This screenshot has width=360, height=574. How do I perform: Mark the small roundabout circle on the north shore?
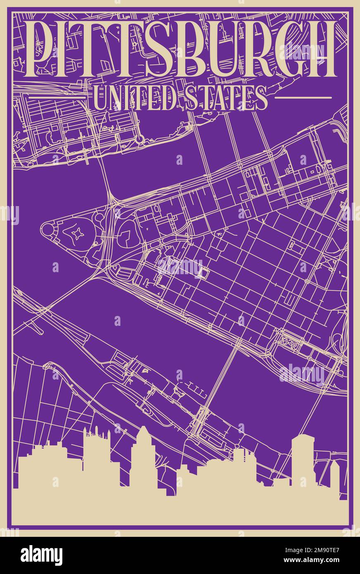tap(139, 139)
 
